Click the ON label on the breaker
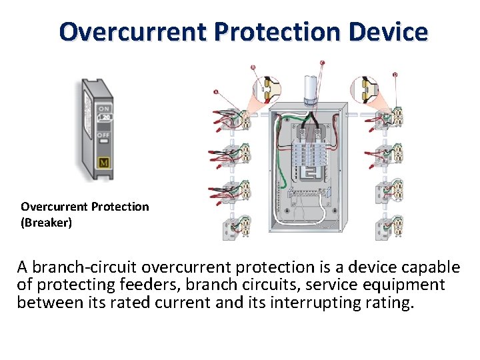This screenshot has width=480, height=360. pos(105,109)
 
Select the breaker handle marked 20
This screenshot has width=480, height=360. pos(105,118)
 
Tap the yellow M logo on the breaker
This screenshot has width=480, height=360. pos(103,163)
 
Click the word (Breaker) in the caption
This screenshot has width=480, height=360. pos(46,223)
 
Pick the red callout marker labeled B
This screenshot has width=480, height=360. pos(253,67)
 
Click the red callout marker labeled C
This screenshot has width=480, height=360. pos(323,63)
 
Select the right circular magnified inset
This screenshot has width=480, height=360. pos(366,89)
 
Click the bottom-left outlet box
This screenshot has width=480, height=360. pos(237,226)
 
